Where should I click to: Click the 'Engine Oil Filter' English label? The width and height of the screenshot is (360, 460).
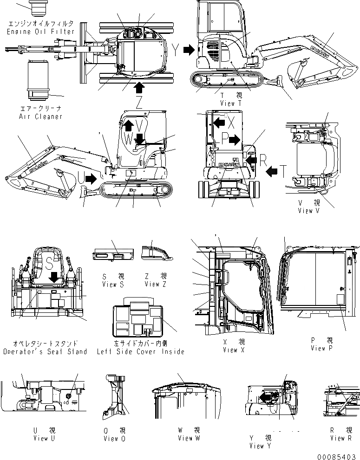[x=40, y=32]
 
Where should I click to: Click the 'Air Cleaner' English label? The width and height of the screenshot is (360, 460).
[x=40, y=117]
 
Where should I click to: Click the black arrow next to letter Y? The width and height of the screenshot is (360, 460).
[x=188, y=50]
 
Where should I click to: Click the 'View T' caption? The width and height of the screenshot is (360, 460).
[x=231, y=103]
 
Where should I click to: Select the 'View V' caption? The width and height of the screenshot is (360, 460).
[x=309, y=210]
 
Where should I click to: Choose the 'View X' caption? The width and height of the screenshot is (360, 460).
[x=230, y=350]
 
